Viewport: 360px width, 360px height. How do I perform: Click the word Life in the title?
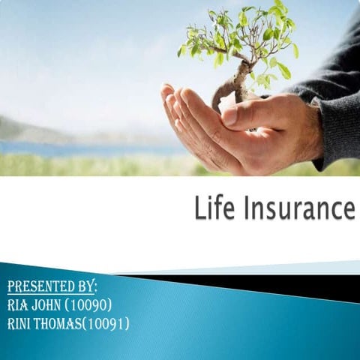tap(214, 207)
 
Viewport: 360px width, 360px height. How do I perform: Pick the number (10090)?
tap(88, 305)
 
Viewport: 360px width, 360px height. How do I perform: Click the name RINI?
tap(19, 323)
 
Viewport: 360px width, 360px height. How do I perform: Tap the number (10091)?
tap(106, 324)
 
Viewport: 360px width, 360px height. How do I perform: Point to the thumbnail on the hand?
tap(229, 118)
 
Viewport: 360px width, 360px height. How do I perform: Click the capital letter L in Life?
tap(201, 207)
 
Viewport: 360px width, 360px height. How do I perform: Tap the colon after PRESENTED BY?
tap(95, 288)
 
